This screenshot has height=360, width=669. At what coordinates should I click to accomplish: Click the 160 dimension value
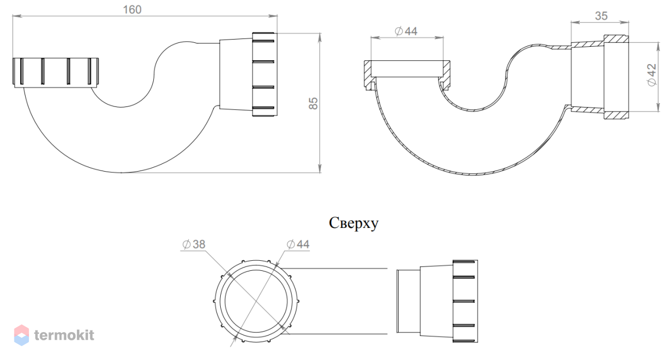(x=132, y=10)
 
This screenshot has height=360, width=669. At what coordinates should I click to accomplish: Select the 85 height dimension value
(x=313, y=103)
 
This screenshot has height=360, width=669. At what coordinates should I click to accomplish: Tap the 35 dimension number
(x=601, y=16)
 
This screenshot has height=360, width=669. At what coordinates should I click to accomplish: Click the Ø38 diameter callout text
(x=194, y=244)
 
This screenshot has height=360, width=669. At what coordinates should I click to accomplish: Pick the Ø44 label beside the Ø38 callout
(x=298, y=244)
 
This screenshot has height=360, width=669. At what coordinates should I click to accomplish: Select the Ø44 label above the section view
(x=406, y=31)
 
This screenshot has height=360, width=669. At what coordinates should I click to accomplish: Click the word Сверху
(x=353, y=223)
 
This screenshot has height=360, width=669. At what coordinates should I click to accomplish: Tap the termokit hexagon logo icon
(x=22, y=335)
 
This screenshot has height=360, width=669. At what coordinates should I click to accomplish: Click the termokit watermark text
(x=64, y=335)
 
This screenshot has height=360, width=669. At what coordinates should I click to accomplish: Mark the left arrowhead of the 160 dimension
(x=17, y=16)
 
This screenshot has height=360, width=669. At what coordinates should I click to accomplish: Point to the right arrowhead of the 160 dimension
(x=273, y=16)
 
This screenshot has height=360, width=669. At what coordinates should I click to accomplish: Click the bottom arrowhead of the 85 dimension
(x=320, y=168)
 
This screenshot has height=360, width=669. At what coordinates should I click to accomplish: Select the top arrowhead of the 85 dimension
(x=320, y=37)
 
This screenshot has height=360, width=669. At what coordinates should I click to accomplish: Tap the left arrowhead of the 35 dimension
(x=575, y=22)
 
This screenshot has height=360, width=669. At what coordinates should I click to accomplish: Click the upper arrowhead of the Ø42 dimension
(x=658, y=47)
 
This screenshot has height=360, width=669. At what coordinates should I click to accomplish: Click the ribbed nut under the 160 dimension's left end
(x=56, y=73)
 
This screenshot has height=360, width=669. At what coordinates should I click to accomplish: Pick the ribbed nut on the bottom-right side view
(x=465, y=301)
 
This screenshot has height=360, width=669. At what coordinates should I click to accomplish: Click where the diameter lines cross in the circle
(x=256, y=301)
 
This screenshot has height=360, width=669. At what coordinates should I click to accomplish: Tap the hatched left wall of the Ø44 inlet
(x=369, y=75)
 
